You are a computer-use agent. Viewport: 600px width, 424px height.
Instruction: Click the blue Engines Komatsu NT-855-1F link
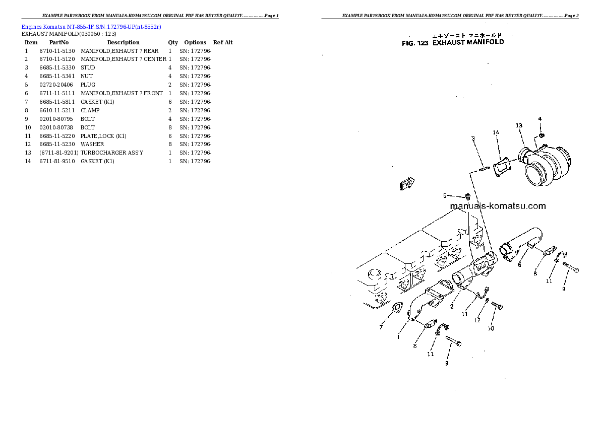click(x=91, y=26)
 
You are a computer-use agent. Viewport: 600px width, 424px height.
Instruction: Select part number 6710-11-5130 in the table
click(x=57, y=51)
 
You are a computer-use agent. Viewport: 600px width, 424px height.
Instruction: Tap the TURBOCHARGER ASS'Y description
click(x=112, y=153)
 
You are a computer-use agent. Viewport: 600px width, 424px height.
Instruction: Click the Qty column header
click(x=173, y=42)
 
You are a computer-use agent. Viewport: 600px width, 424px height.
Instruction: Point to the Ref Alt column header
click(x=223, y=42)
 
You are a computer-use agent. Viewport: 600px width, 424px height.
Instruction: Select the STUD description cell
click(x=88, y=67)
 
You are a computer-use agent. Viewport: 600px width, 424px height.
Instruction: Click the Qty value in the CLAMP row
click(x=170, y=110)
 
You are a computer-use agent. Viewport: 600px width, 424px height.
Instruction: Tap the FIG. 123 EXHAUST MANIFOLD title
click(x=452, y=43)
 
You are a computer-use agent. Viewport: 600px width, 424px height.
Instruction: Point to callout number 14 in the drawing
click(x=496, y=132)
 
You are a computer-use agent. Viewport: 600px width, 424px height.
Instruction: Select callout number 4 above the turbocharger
click(x=539, y=119)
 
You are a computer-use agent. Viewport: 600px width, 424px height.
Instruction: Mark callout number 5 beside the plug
click(x=445, y=195)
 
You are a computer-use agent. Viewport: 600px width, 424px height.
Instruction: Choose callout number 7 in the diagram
click(x=381, y=327)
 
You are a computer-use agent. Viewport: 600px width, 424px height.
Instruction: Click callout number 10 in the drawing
click(x=490, y=329)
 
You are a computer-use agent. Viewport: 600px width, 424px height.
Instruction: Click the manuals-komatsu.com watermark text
click(x=497, y=206)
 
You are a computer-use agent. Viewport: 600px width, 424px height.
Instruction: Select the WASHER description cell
click(x=93, y=144)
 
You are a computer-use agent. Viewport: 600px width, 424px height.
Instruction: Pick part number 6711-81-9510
click(x=57, y=161)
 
